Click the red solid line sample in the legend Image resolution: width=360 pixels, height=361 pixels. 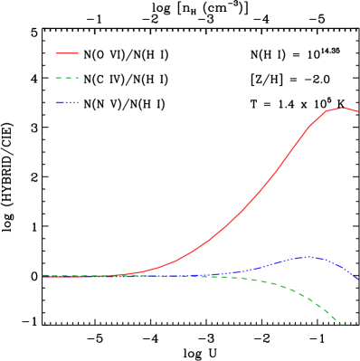point(67,53)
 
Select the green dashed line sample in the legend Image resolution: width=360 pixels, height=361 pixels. point(67,78)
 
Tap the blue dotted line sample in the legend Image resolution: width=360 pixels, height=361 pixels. point(67,102)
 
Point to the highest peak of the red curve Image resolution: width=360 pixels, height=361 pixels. point(342,108)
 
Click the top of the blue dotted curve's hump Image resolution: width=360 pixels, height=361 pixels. point(308,257)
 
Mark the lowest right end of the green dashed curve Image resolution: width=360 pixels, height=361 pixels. point(341,323)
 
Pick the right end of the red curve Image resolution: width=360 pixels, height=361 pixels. point(358,111)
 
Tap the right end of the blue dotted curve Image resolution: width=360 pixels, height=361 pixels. point(358,279)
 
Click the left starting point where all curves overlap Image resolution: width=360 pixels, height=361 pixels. point(43,276)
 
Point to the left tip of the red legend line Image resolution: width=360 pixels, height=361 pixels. point(56,53)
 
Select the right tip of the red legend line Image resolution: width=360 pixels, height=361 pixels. point(79,53)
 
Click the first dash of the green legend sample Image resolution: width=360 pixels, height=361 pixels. point(59,78)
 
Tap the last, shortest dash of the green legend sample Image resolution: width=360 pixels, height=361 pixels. point(78,78)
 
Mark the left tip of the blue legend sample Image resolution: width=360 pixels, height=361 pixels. point(56,102)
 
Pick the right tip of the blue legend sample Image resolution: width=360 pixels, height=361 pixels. point(79,102)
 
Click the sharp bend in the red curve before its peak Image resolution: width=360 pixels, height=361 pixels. point(325,112)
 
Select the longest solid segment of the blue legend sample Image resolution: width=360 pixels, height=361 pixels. point(62,102)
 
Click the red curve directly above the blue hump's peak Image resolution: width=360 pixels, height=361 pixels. point(308,128)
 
